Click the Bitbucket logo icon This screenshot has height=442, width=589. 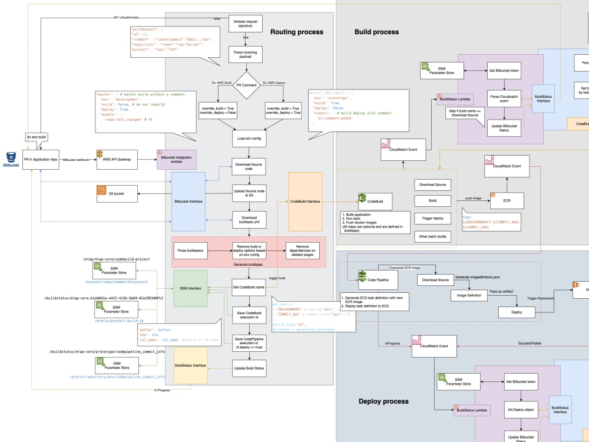[11, 156]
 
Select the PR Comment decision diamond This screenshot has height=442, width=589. [249, 85]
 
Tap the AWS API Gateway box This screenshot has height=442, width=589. [117, 159]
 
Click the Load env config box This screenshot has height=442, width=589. [249, 139]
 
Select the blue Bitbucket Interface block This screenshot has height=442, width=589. [188, 202]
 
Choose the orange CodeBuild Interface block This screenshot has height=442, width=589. [305, 202]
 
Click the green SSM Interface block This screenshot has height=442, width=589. [190, 288]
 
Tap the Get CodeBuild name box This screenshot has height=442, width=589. [249, 288]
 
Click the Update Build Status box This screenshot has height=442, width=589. [249, 369]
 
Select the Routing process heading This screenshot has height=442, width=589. [296, 32]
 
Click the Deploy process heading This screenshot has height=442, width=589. [383, 401]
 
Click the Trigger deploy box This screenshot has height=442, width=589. [432, 218]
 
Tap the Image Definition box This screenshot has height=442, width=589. [470, 295]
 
